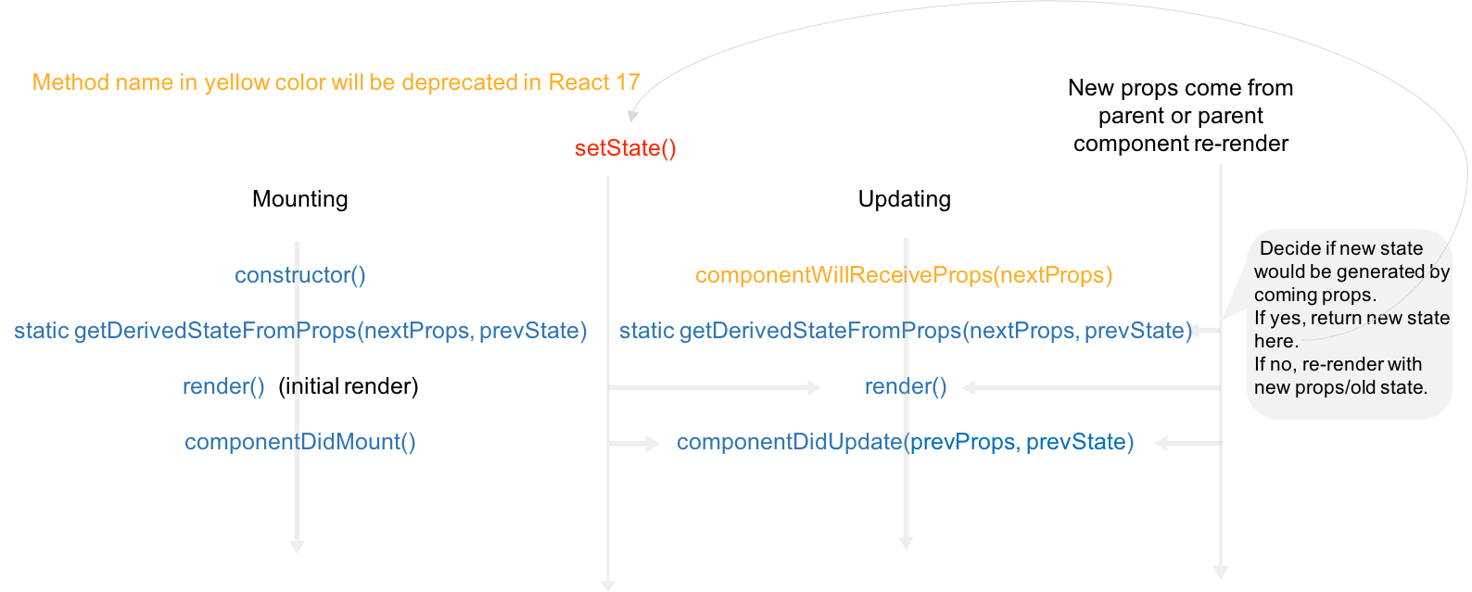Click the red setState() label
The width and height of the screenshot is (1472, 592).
click(626, 148)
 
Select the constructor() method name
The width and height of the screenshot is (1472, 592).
click(300, 275)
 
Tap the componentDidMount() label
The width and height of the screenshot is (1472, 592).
click(300, 442)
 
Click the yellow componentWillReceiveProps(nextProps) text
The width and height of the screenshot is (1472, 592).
click(904, 275)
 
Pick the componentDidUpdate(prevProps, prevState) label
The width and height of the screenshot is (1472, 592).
click(905, 442)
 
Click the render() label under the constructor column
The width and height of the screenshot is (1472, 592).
click(223, 386)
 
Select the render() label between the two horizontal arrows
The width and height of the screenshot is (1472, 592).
click(906, 386)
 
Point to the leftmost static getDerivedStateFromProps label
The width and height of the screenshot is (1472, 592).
click(300, 331)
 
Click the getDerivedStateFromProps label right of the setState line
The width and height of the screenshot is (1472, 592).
click(905, 331)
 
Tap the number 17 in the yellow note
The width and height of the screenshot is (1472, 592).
click(628, 82)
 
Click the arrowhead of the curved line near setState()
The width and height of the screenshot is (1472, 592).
click(633, 116)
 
